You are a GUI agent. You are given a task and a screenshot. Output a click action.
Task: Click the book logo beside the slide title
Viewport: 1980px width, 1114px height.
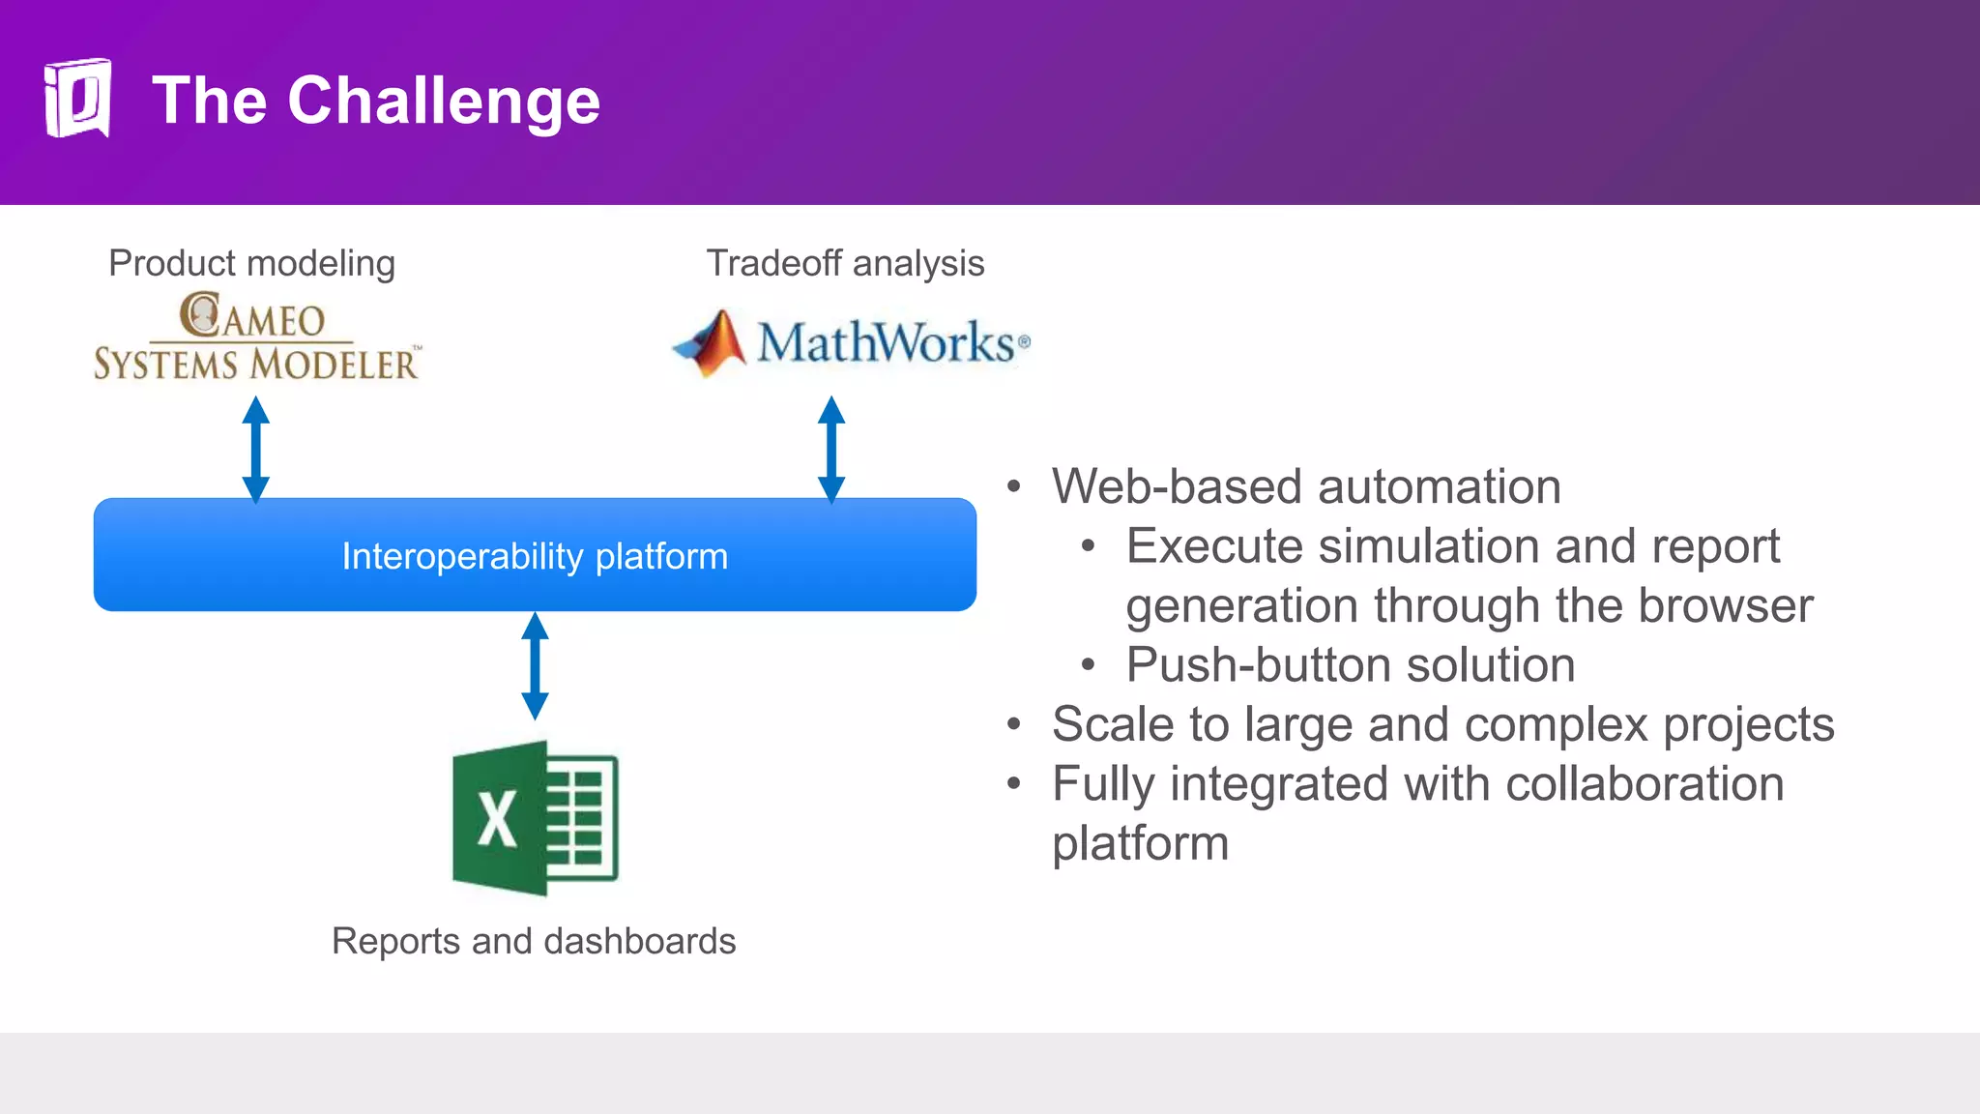(x=77, y=99)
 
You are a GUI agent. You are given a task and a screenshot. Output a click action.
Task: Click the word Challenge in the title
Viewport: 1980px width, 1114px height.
(x=444, y=101)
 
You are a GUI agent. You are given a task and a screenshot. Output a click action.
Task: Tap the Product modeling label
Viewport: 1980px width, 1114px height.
(x=251, y=263)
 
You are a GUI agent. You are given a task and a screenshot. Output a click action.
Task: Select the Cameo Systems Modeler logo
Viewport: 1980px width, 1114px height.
(x=256, y=337)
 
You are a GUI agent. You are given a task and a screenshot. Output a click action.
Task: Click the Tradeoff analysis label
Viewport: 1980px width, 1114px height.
(x=845, y=263)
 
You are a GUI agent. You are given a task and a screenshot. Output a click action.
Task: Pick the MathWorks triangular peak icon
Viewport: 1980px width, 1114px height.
(x=713, y=342)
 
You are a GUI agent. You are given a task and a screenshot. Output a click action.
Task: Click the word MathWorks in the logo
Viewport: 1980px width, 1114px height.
(x=885, y=342)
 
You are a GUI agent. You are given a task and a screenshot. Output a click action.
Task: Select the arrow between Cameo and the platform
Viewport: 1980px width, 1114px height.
(x=255, y=449)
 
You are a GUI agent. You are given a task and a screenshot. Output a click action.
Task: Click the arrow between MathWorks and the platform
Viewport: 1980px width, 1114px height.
(x=831, y=449)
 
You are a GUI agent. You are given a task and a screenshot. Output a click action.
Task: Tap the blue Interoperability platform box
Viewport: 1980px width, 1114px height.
(x=535, y=555)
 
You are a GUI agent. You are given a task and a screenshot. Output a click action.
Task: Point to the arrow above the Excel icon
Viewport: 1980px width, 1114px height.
(x=535, y=665)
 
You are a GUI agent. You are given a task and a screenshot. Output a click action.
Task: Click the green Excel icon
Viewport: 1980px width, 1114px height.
(x=535, y=818)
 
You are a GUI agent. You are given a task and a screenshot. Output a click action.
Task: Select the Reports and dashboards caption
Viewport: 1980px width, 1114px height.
(x=534, y=941)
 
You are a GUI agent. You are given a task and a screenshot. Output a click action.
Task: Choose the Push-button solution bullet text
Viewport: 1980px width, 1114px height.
(x=1351, y=665)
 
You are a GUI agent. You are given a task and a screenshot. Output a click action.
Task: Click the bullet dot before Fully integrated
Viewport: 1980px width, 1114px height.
(x=1013, y=783)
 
